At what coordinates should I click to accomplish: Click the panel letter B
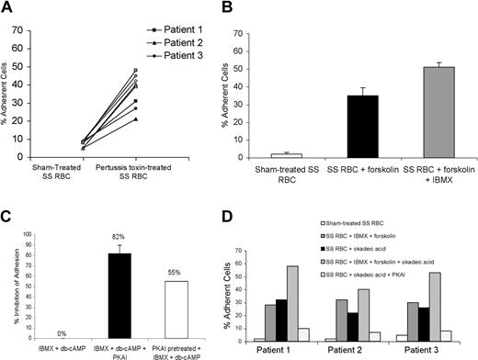(x=254, y=8)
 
